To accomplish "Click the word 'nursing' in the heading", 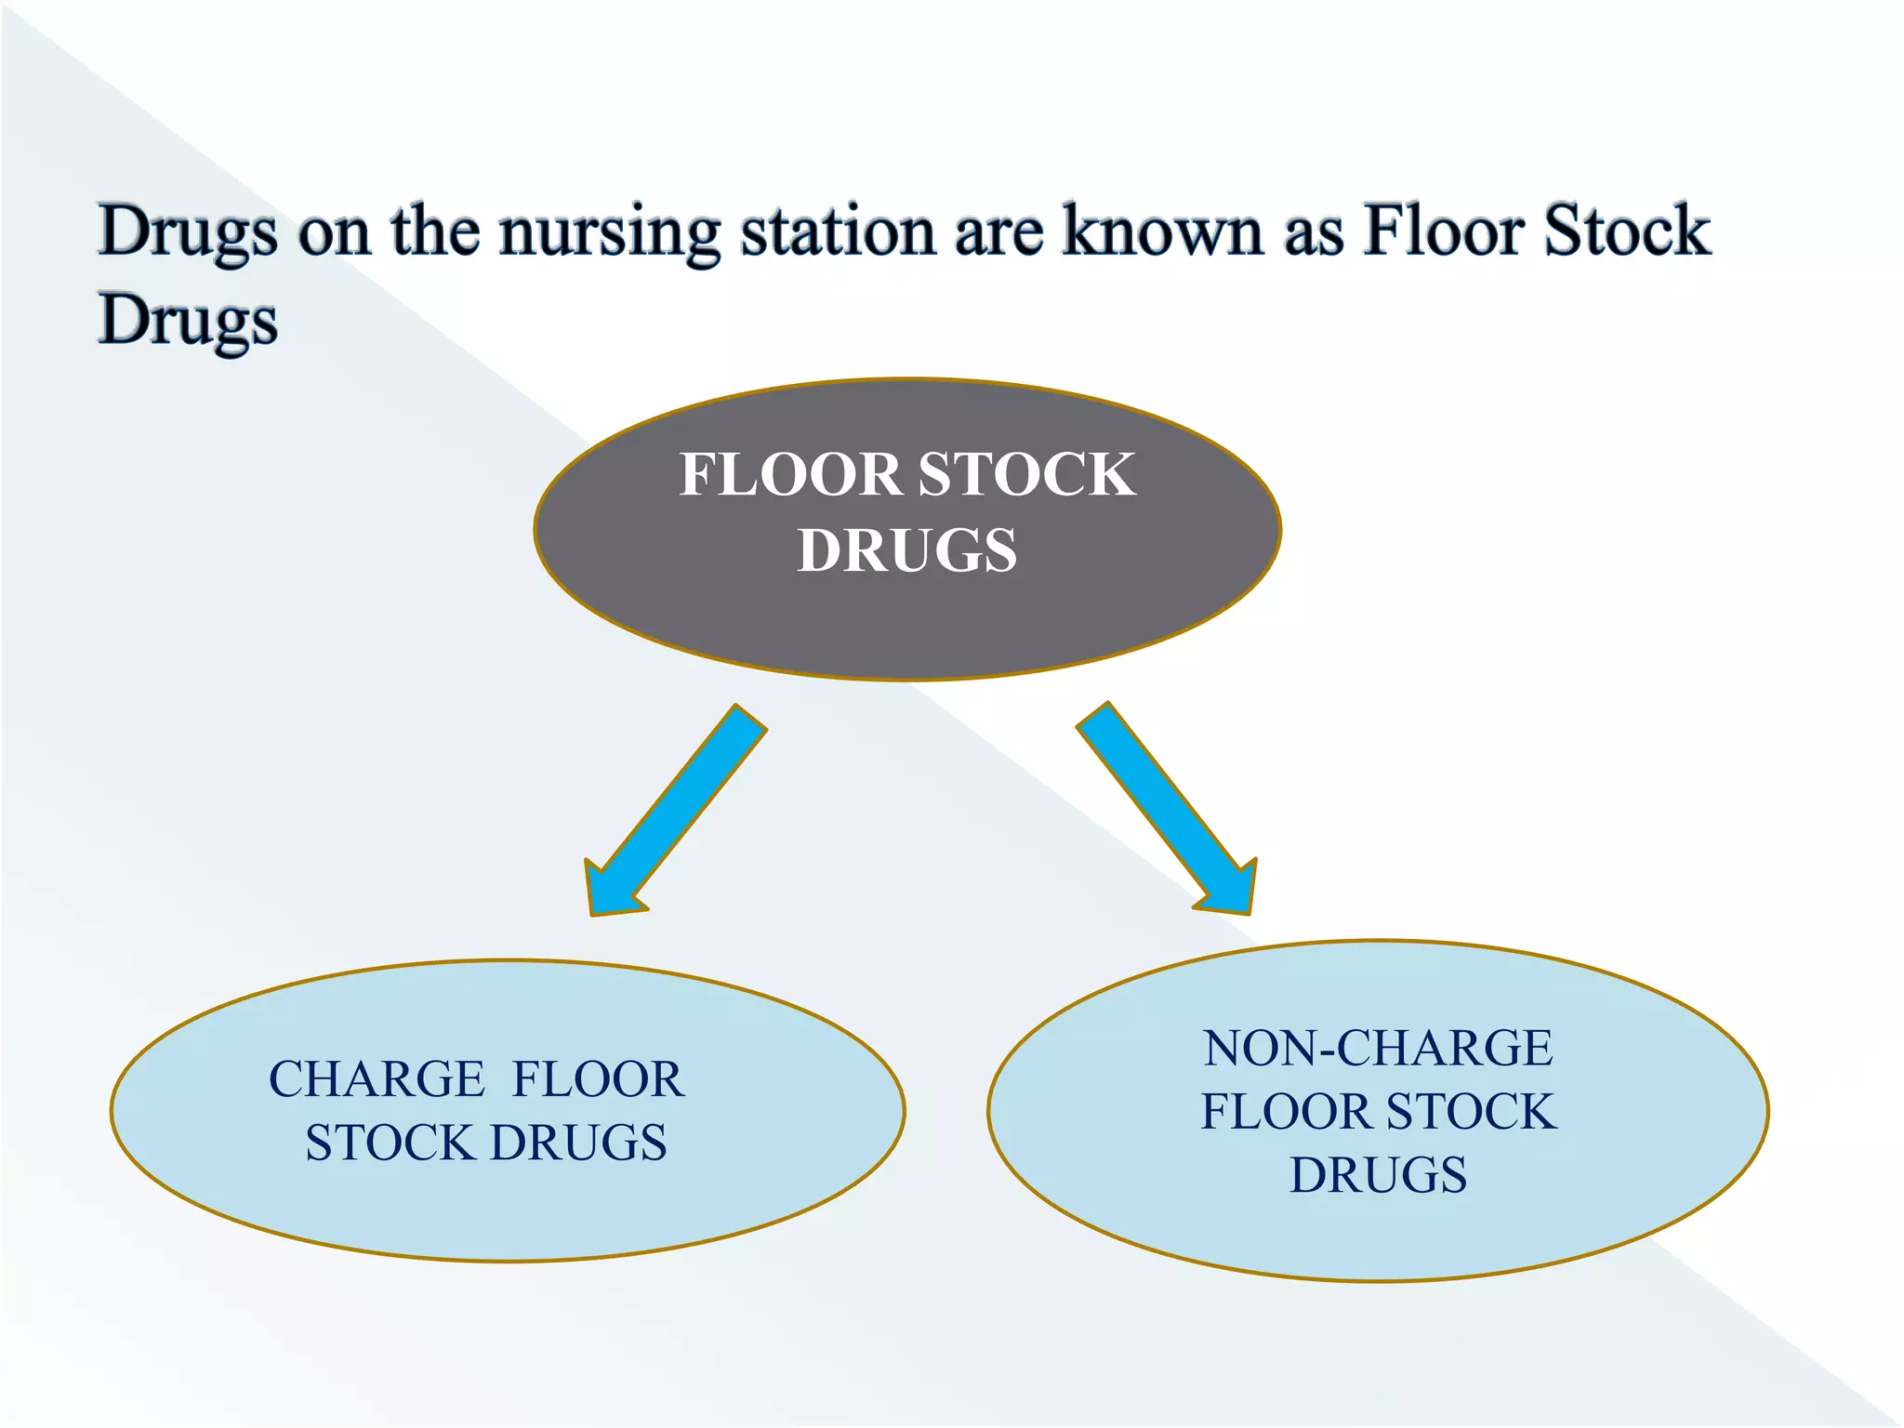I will point(609,232).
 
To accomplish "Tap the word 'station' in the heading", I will point(837,232).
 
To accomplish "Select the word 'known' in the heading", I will point(1162,232).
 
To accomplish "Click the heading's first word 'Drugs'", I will point(188,232).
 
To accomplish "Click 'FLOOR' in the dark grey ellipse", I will point(790,474).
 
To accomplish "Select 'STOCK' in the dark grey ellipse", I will point(1026,474).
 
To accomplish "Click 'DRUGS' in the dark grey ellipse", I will point(906,550).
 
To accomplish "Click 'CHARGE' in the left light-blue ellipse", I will point(377,1079).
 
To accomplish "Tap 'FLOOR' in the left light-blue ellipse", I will point(598,1079).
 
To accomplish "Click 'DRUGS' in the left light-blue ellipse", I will point(578,1143).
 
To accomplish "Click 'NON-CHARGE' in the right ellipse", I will point(1378,1049).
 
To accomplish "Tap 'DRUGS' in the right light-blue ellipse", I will point(1378,1175).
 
